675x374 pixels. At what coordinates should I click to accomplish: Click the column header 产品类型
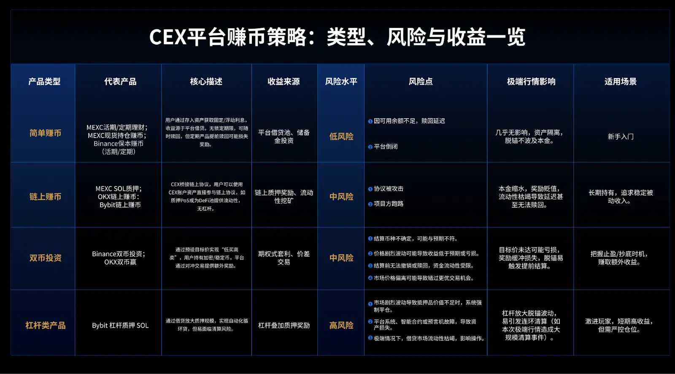pyautogui.click(x=44, y=81)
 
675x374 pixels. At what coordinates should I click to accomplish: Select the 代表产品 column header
pyautogui.click(x=120, y=81)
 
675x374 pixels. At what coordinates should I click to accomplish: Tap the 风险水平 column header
pyautogui.click(x=341, y=81)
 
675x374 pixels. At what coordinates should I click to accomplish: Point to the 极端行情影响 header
pyautogui.click(x=531, y=81)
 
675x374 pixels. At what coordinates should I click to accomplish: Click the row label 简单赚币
pyautogui.click(x=45, y=133)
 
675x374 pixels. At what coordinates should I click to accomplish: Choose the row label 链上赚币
pyautogui.click(x=45, y=197)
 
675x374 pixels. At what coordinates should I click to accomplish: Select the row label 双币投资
pyautogui.click(x=45, y=258)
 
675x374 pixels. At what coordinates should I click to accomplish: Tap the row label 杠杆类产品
pyautogui.click(x=45, y=325)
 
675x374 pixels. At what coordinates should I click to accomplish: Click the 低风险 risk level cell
pyautogui.click(x=341, y=136)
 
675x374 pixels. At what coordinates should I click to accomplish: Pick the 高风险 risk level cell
pyautogui.click(x=341, y=325)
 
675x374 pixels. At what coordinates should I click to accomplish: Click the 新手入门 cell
pyautogui.click(x=621, y=137)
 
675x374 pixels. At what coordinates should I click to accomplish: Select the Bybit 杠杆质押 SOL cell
pyautogui.click(x=120, y=325)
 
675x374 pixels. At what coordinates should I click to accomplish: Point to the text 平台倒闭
pyautogui.click(x=386, y=146)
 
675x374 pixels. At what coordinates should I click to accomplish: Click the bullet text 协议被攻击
pyautogui.click(x=389, y=189)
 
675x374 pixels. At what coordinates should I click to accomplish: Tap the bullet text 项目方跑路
pyautogui.click(x=389, y=203)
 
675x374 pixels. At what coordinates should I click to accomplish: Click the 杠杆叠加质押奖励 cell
pyautogui.click(x=284, y=325)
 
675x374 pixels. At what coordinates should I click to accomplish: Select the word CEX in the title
pyautogui.click(x=167, y=37)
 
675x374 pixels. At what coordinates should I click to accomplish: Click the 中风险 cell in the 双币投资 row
pyautogui.click(x=341, y=258)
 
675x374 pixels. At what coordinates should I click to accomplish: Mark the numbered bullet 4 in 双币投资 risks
pyautogui.click(x=370, y=278)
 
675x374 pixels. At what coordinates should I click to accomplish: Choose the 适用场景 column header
pyautogui.click(x=621, y=81)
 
